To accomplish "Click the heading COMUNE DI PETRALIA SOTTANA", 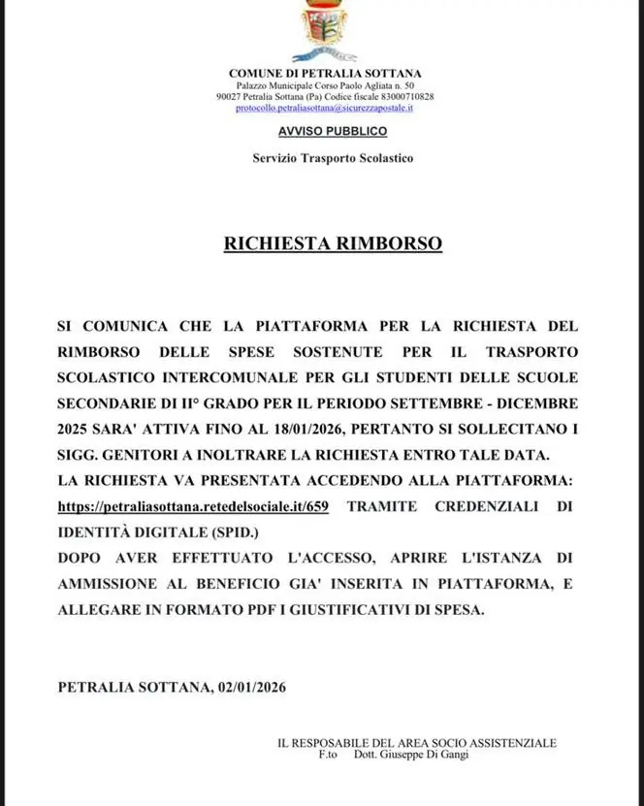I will point(325,74).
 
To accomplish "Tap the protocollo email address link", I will point(325,108).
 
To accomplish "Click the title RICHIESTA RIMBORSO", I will point(333,242).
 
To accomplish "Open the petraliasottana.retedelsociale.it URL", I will point(193,506).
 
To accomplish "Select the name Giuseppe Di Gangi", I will point(426,754).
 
